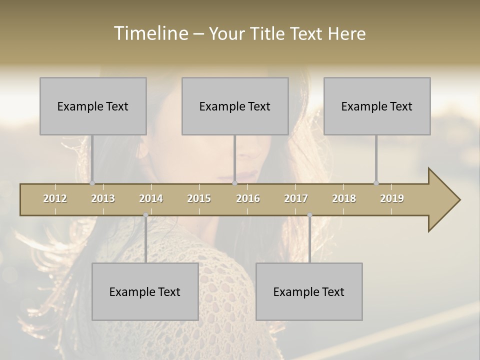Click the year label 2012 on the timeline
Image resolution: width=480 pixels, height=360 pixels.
pyautogui.click(x=55, y=198)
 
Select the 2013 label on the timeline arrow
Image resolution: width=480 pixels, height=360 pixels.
pyautogui.click(x=103, y=198)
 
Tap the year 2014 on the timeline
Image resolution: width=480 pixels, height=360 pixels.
pyautogui.click(x=151, y=198)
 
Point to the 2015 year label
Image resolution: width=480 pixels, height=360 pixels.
pyautogui.click(x=199, y=198)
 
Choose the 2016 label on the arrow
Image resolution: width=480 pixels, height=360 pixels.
pyautogui.click(x=248, y=198)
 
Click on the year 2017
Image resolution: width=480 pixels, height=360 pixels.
pyautogui.click(x=296, y=198)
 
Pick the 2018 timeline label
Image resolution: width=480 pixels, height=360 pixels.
pyautogui.click(x=344, y=198)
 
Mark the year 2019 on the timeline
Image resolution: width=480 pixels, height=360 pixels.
pyautogui.click(x=392, y=198)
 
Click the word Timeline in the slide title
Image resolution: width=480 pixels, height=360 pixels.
pyautogui.click(x=150, y=33)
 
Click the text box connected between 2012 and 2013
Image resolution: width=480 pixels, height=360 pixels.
pyautogui.click(x=93, y=106)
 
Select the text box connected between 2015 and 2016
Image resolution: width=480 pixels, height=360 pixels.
pyautogui.click(x=235, y=106)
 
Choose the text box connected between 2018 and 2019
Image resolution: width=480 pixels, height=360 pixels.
pyautogui.click(x=377, y=106)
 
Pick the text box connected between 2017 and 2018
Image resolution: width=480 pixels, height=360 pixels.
pyautogui.click(x=309, y=291)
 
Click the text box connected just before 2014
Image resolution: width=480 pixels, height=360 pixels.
pyautogui.click(x=145, y=291)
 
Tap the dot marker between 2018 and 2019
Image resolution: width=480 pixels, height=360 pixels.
pyautogui.click(x=376, y=183)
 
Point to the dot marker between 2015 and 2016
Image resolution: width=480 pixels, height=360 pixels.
pyautogui.click(x=234, y=183)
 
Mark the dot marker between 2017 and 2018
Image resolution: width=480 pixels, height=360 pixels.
pyautogui.click(x=309, y=215)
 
